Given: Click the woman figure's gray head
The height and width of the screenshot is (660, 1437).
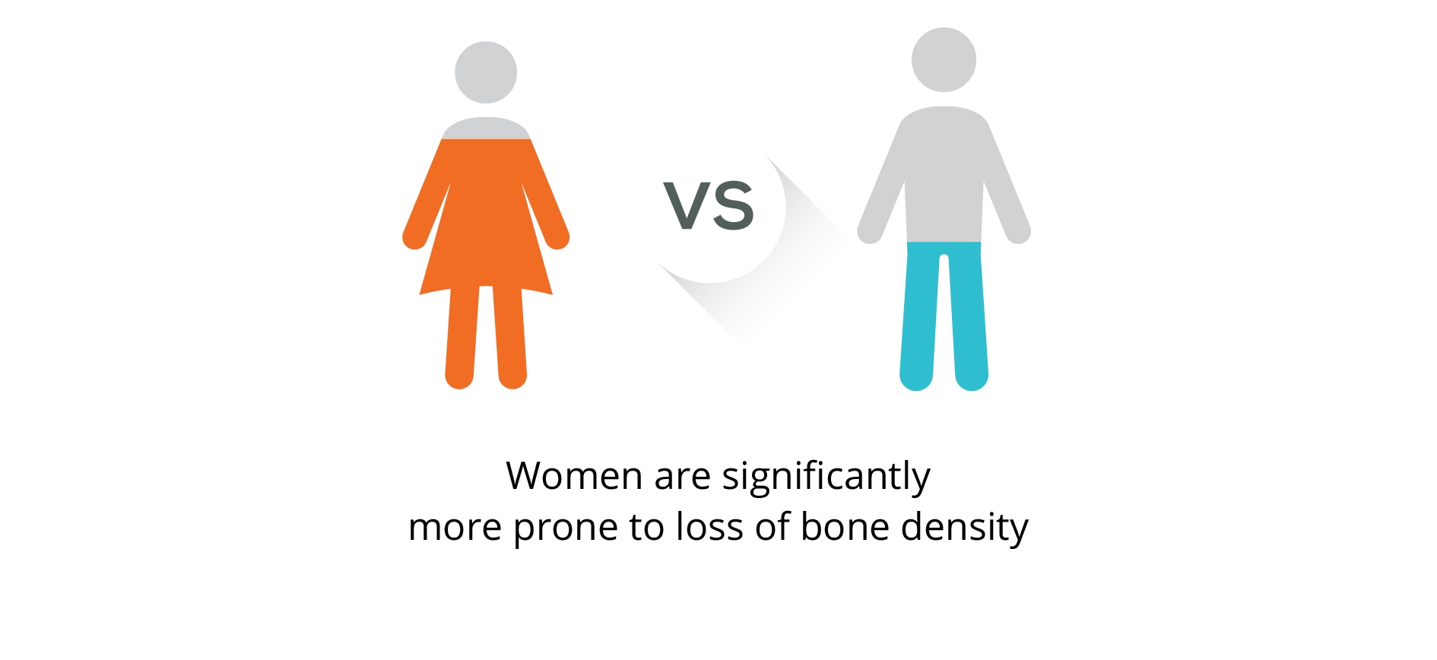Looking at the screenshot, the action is click(x=486, y=72).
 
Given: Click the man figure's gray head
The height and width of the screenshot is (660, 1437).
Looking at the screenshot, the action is click(x=944, y=60).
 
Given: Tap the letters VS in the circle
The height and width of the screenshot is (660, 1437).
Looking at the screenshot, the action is click(x=709, y=205).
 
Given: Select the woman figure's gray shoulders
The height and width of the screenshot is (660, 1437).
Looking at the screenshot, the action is click(x=486, y=129).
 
